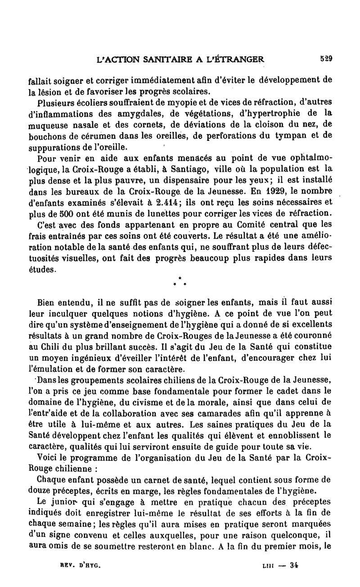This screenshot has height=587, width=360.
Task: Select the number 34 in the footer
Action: [x=294, y=564]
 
